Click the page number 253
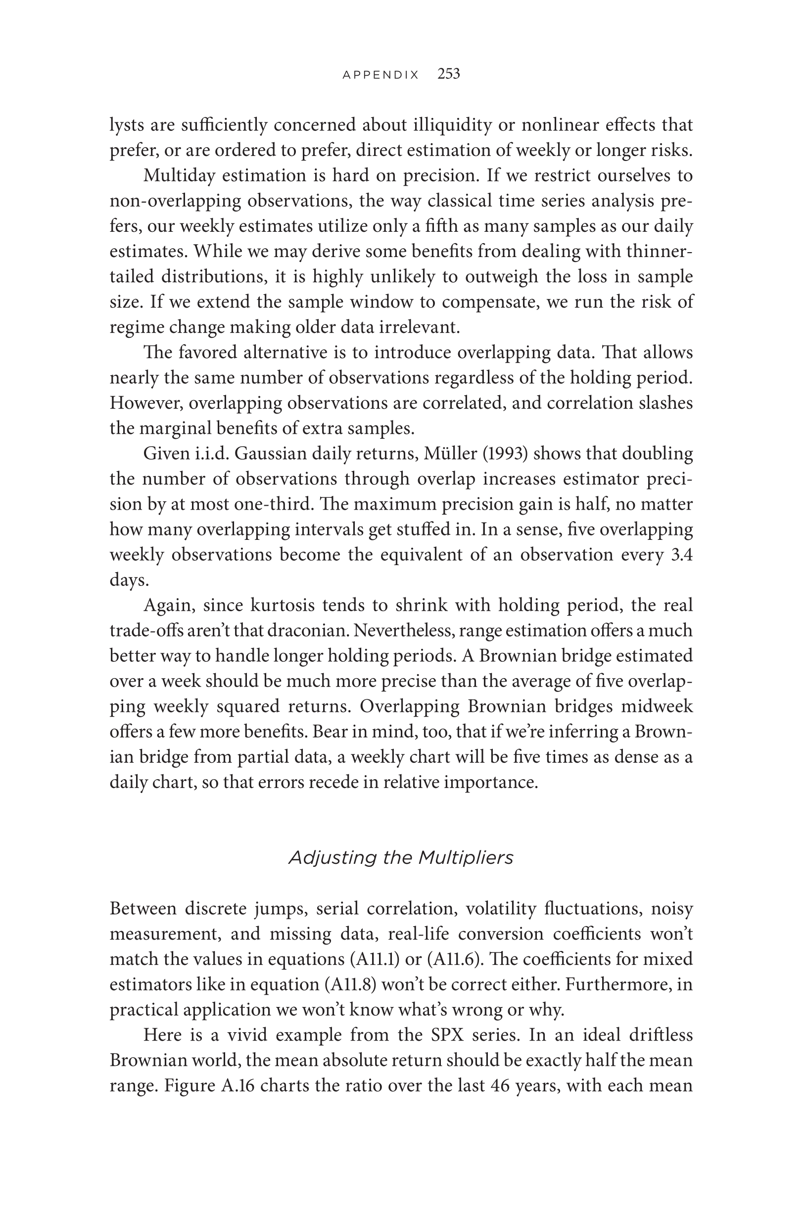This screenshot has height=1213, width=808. [448, 74]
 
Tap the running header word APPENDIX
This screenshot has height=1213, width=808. [381, 75]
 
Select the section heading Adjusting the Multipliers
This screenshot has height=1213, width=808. [401, 858]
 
